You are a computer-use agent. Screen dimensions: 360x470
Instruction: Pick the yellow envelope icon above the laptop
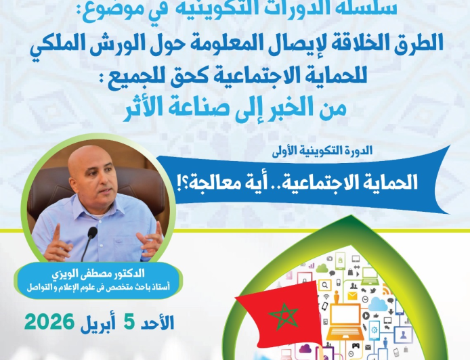(351, 296)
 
